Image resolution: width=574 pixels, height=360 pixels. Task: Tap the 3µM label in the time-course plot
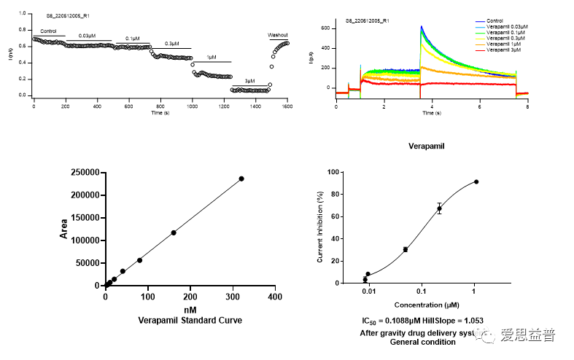(250, 79)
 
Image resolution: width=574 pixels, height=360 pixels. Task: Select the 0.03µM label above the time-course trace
(87, 36)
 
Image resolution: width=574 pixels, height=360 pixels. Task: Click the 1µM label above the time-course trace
(212, 56)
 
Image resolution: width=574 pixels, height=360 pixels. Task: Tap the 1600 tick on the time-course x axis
(288, 106)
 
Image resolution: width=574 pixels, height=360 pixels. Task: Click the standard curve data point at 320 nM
(241, 179)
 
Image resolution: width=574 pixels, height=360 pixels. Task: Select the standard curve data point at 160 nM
(174, 232)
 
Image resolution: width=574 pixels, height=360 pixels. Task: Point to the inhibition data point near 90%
(476, 181)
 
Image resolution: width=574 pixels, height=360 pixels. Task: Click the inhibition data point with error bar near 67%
(439, 208)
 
